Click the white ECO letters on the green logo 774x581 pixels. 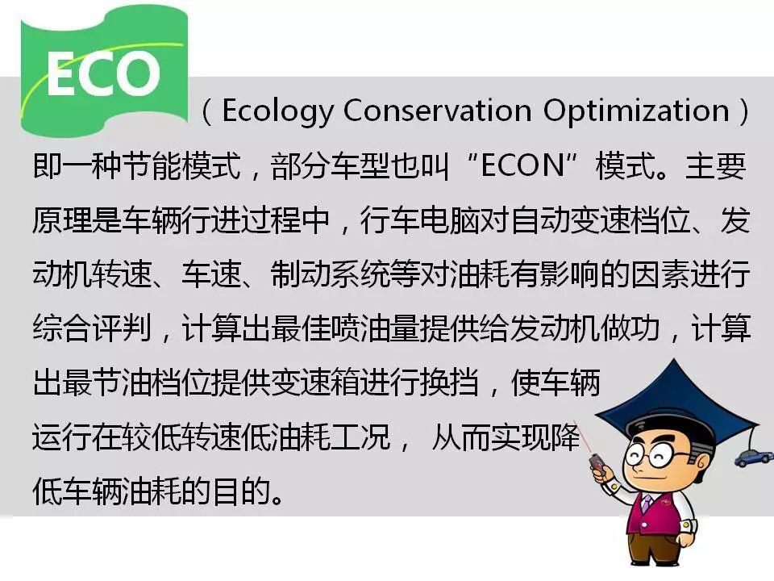(x=103, y=74)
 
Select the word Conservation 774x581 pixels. (x=437, y=110)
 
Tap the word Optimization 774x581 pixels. (x=636, y=111)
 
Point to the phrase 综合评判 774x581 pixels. (x=92, y=328)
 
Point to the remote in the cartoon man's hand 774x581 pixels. (x=597, y=464)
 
